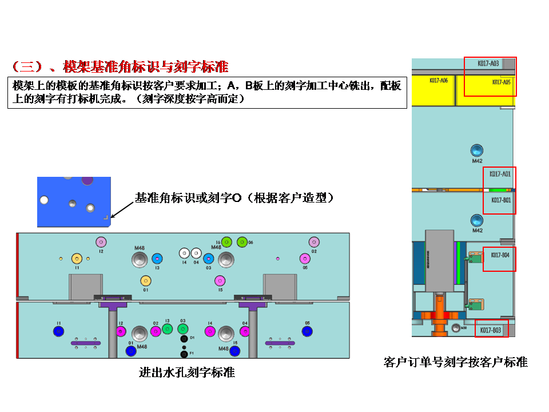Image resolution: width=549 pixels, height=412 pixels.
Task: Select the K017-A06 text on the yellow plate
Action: pos(439,81)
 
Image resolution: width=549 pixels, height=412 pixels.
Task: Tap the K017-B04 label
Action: pos(500,255)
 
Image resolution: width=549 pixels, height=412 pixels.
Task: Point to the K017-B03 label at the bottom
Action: pos(490,330)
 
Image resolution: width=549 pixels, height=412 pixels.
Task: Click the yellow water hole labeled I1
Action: pos(76,258)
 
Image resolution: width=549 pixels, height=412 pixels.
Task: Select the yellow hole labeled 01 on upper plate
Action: pos(146,280)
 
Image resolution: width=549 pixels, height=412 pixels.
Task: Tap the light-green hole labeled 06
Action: pos(242,242)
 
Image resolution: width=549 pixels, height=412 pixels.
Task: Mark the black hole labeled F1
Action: pos(184,346)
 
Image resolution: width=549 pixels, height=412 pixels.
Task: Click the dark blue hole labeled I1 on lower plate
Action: pos(58,331)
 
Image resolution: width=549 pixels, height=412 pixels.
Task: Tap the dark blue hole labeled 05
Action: pos(307,331)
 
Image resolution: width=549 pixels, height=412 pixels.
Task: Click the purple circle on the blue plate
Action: pos(87,180)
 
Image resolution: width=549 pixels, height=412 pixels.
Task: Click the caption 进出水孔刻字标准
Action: pos(187,373)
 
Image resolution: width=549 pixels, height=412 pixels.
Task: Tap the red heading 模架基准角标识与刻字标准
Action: pos(146,66)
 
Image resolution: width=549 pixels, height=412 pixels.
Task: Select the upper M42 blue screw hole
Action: pos(476,150)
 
